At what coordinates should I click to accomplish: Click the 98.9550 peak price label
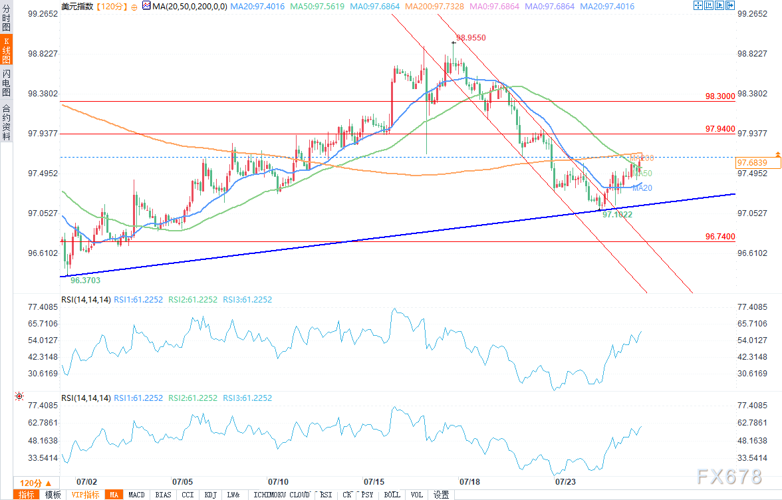(471, 38)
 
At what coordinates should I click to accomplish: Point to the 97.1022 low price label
(616, 215)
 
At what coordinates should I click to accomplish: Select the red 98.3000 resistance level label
(720, 96)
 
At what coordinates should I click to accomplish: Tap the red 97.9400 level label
(720, 128)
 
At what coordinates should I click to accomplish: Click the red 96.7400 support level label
(720, 237)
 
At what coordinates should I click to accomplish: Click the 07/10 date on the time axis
(278, 481)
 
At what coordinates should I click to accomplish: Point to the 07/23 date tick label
(565, 481)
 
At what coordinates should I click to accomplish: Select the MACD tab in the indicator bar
(136, 495)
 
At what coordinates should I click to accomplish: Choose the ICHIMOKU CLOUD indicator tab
(282, 495)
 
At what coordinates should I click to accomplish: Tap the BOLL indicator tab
(392, 495)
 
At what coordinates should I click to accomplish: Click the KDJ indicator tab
(211, 495)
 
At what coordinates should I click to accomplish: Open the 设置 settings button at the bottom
(441, 495)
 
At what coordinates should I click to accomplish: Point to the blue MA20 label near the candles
(642, 188)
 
